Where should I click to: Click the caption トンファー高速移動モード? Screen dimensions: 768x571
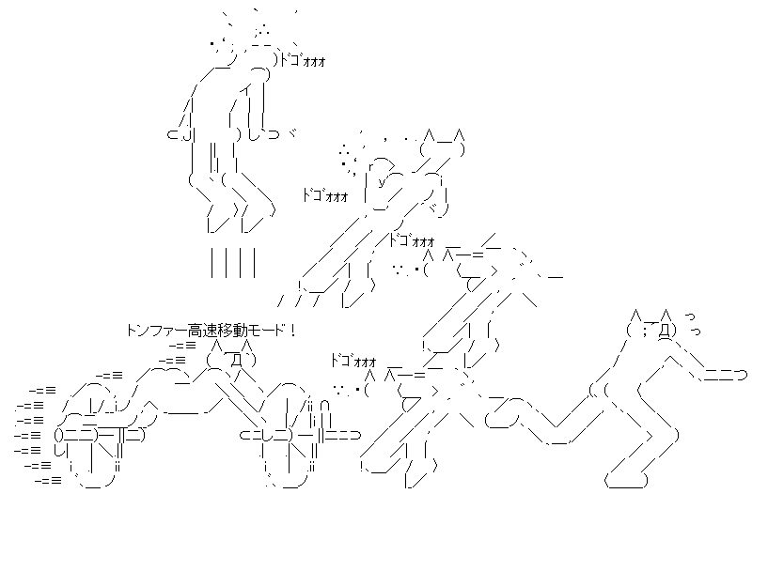click(x=211, y=330)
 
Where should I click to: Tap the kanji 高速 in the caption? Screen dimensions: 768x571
click(x=201, y=330)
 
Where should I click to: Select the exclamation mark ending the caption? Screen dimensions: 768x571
click(x=293, y=330)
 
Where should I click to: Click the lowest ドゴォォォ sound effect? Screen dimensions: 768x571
click(x=353, y=361)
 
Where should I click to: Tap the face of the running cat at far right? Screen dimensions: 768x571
click(x=652, y=331)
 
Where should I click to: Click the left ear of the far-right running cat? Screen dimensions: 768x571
click(x=635, y=315)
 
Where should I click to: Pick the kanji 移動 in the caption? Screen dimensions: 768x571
click(x=231, y=330)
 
